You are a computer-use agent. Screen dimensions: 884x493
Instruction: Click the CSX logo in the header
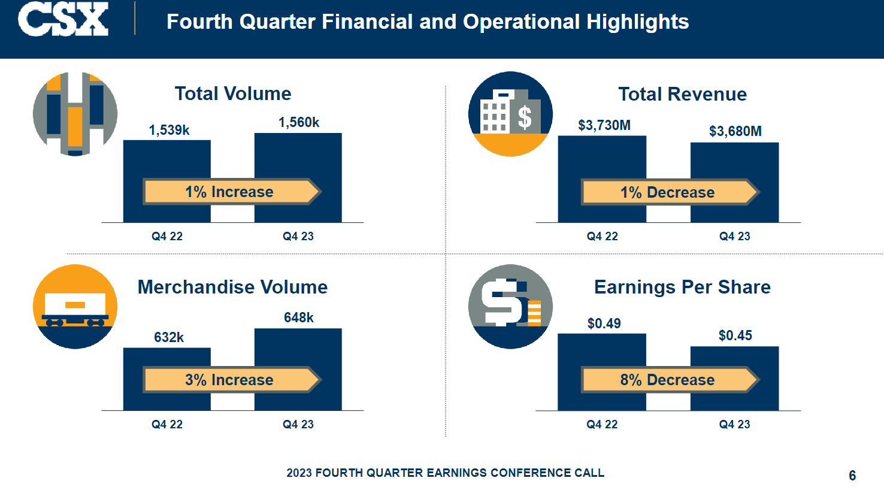[x=63, y=19]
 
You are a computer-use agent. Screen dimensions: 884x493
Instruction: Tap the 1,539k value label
[x=169, y=130]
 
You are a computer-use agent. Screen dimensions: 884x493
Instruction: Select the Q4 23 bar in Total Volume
[x=298, y=178]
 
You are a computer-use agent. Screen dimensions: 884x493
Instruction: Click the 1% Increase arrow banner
[x=232, y=192]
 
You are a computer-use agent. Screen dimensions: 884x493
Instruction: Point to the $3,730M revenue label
[x=604, y=126]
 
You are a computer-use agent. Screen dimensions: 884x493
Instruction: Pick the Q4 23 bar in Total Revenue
[x=734, y=182]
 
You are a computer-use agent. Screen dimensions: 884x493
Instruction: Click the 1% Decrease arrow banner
[x=670, y=192]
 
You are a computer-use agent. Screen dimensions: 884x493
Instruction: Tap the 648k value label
[x=299, y=317]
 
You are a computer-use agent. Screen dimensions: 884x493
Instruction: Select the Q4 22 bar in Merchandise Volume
[x=167, y=379]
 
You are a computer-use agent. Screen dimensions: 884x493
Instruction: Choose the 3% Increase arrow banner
[x=232, y=380]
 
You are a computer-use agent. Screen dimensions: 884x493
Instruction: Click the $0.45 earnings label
[x=735, y=335]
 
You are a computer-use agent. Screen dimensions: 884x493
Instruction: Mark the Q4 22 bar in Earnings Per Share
[x=602, y=372]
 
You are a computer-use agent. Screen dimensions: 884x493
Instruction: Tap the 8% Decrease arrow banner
[x=670, y=380]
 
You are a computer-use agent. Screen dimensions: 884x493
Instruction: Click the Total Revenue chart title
[x=682, y=94]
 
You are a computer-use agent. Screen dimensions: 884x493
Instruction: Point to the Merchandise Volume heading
[x=232, y=287]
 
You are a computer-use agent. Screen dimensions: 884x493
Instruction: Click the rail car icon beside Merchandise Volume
[x=75, y=307]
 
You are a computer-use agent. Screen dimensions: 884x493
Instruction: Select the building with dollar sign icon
[x=510, y=114]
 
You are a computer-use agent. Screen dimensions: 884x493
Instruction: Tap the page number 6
[x=852, y=475]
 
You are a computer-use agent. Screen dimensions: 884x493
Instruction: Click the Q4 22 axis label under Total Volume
[x=167, y=237]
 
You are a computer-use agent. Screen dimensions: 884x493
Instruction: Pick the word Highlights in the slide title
[x=637, y=22]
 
